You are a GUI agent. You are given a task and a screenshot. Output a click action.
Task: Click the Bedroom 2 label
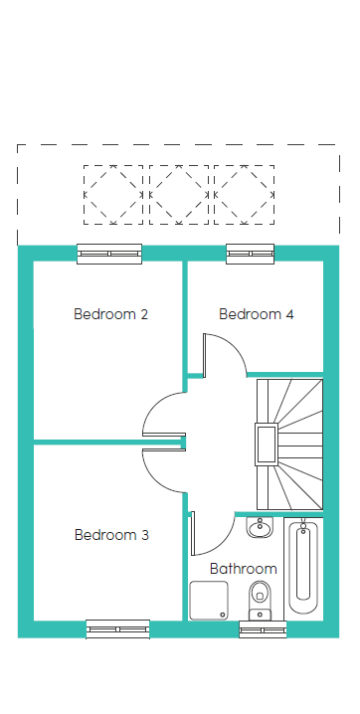point(111,314)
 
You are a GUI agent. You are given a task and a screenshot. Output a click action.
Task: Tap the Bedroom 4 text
point(257,314)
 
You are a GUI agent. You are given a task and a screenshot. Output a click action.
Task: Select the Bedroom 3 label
point(111,535)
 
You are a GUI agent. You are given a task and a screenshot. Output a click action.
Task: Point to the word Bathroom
point(244,569)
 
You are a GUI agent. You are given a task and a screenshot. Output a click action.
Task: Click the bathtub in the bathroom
point(303,566)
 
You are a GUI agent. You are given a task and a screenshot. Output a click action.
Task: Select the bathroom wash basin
point(260,527)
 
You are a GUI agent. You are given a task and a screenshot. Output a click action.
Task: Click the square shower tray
point(209,601)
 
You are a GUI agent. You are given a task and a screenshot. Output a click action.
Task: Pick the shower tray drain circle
point(223,615)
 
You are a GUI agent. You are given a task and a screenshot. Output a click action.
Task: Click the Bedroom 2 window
point(109,254)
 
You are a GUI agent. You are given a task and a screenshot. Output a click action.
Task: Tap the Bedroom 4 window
point(251,254)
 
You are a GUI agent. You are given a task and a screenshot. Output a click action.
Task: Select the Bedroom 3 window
point(118,629)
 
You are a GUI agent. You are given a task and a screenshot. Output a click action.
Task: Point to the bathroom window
point(264,629)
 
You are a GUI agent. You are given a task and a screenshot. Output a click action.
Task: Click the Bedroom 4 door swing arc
point(236,346)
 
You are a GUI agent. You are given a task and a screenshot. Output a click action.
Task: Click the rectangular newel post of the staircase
point(267,445)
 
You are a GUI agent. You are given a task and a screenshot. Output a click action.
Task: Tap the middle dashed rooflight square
point(179,195)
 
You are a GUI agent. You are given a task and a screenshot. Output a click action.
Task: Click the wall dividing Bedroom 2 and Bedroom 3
point(109,442)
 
